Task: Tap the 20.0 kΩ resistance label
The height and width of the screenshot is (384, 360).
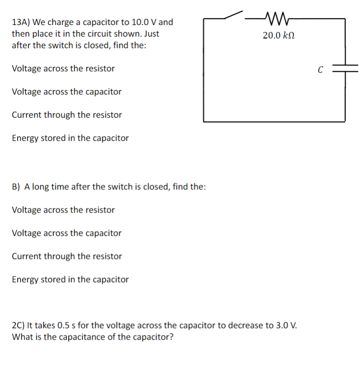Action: (278, 35)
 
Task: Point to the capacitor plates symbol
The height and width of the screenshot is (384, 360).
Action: (345, 69)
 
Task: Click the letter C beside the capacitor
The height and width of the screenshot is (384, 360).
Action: (320, 70)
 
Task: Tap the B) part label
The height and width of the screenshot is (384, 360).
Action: (16, 187)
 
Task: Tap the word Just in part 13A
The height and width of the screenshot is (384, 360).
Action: (152, 34)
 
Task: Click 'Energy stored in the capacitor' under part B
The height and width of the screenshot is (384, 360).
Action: (70, 279)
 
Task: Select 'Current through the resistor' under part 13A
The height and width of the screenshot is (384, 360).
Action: (67, 115)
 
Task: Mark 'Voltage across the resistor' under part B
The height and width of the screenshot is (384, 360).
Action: (63, 210)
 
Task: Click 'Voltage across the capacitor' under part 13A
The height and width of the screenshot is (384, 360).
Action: (66, 92)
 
